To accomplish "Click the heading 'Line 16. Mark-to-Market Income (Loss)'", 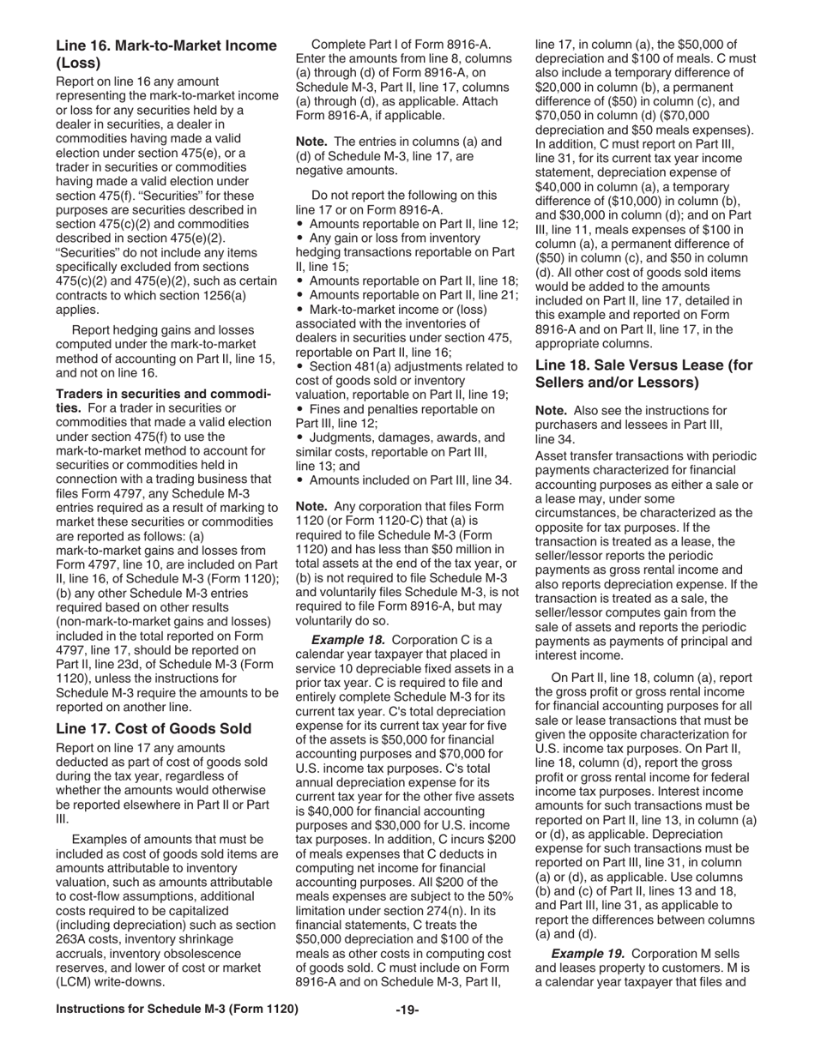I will click(x=166, y=53).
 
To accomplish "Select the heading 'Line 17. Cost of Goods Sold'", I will click(x=154, y=728).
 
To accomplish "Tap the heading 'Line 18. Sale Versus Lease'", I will click(x=643, y=373).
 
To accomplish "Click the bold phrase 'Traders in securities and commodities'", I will click(x=163, y=401).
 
